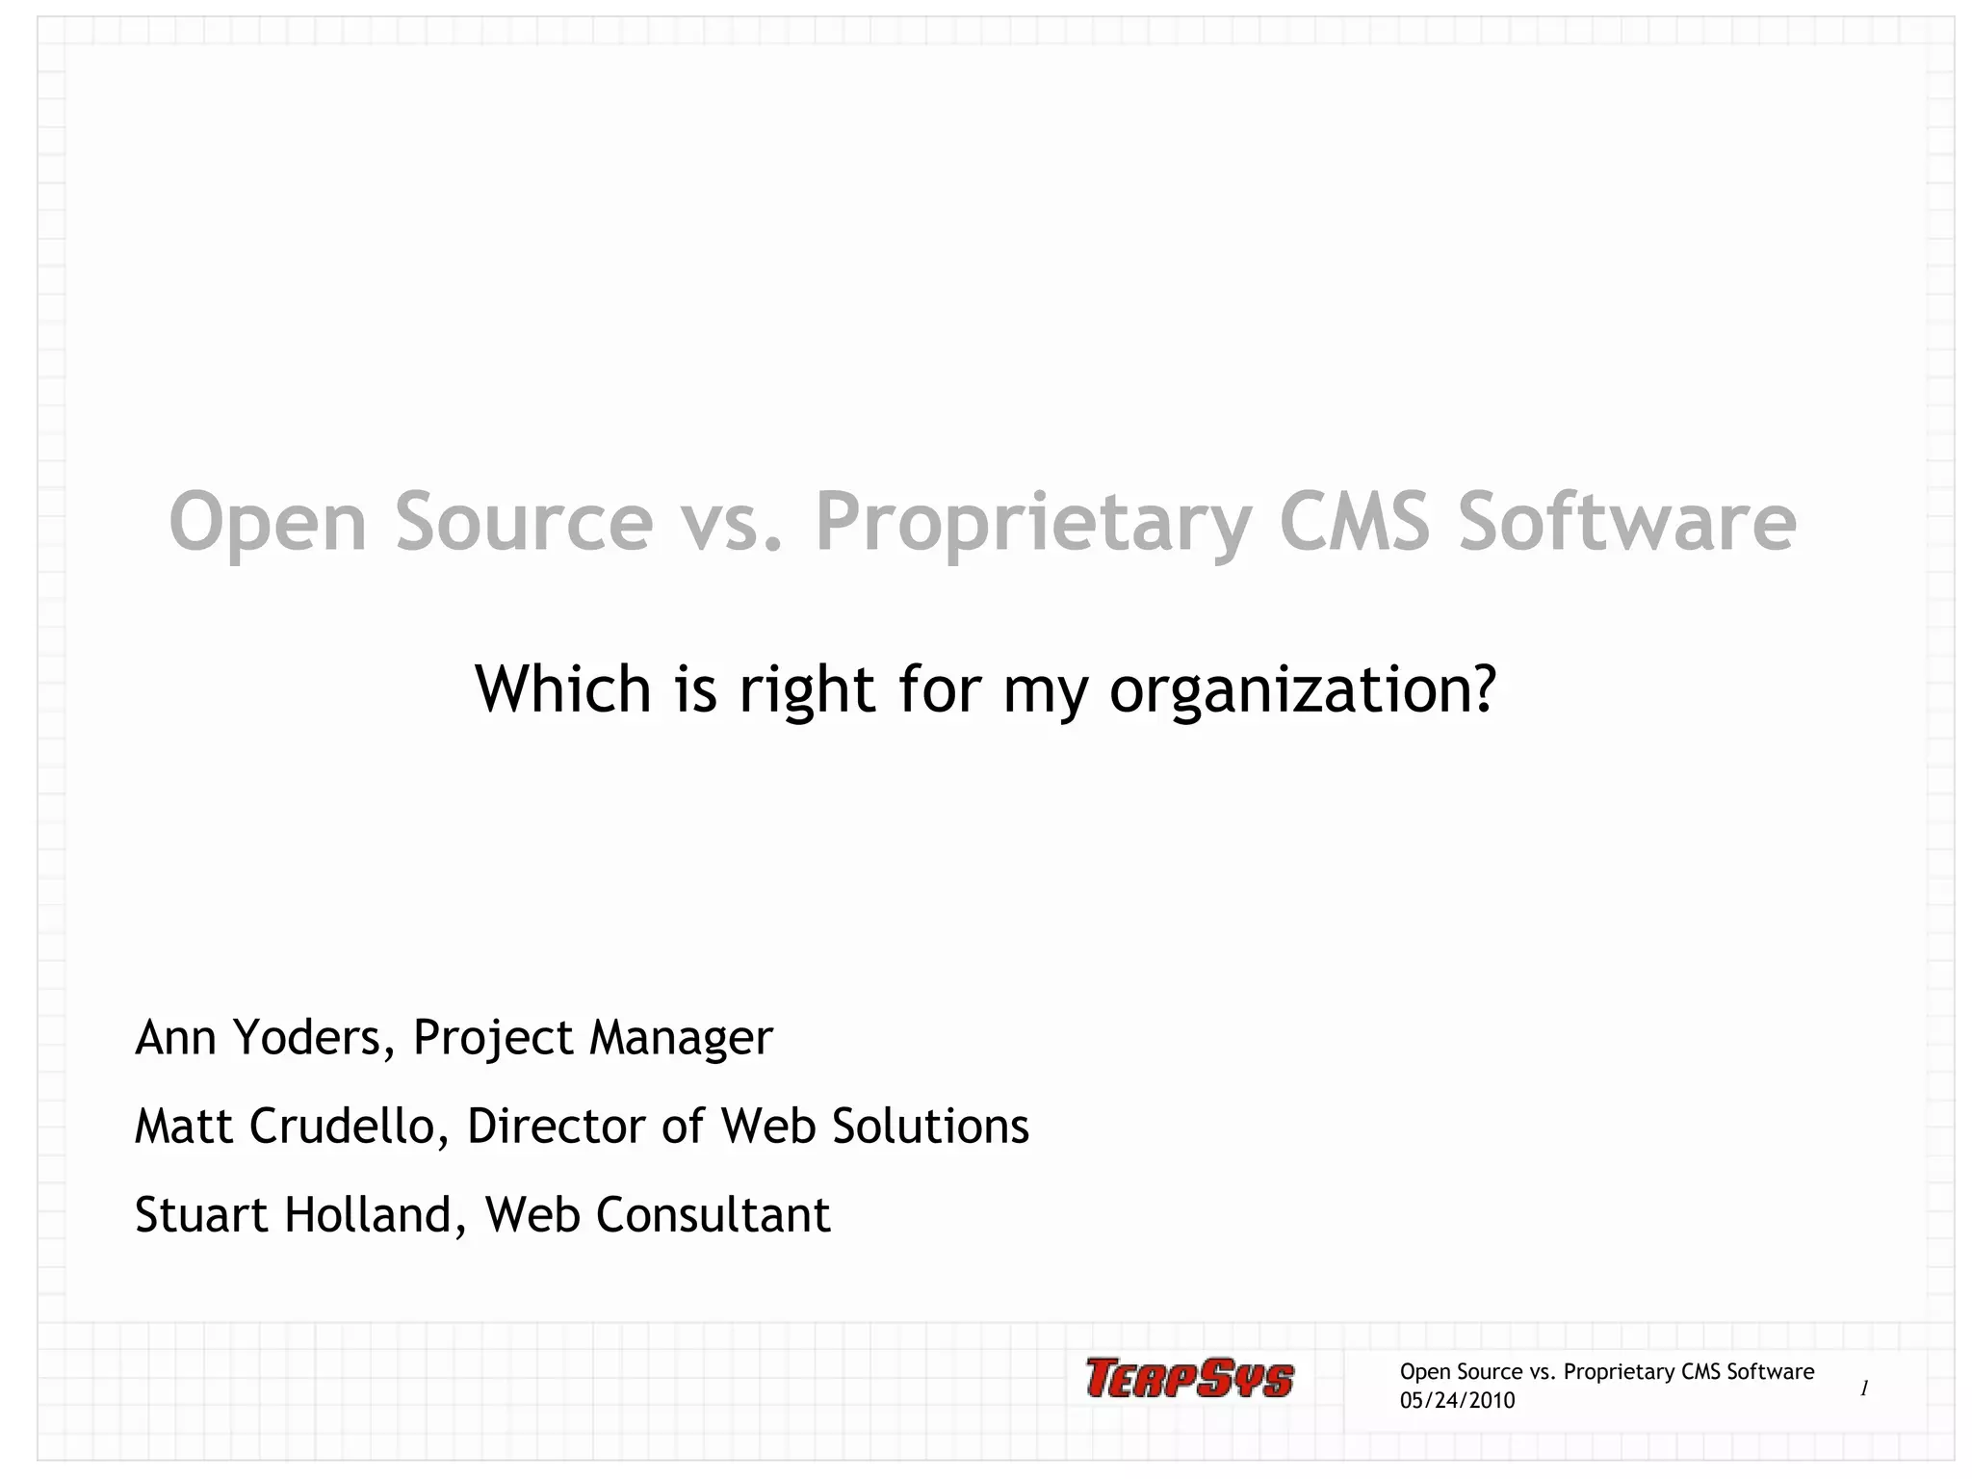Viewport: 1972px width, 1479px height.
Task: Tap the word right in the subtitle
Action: pyautogui.click(x=807, y=690)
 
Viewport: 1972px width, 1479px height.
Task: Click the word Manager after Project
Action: pyautogui.click(x=681, y=1039)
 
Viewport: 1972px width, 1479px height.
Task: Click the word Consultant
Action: pyautogui.click(x=713, y=1214)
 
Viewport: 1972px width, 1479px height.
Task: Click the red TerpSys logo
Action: pyautogui.click(x=1189, y=1378)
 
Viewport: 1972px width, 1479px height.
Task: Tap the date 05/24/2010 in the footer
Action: pyautogui.click(x=1457, y=1401)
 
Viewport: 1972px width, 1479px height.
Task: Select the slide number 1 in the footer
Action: pyautogui.click(x=1864, y=1388)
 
